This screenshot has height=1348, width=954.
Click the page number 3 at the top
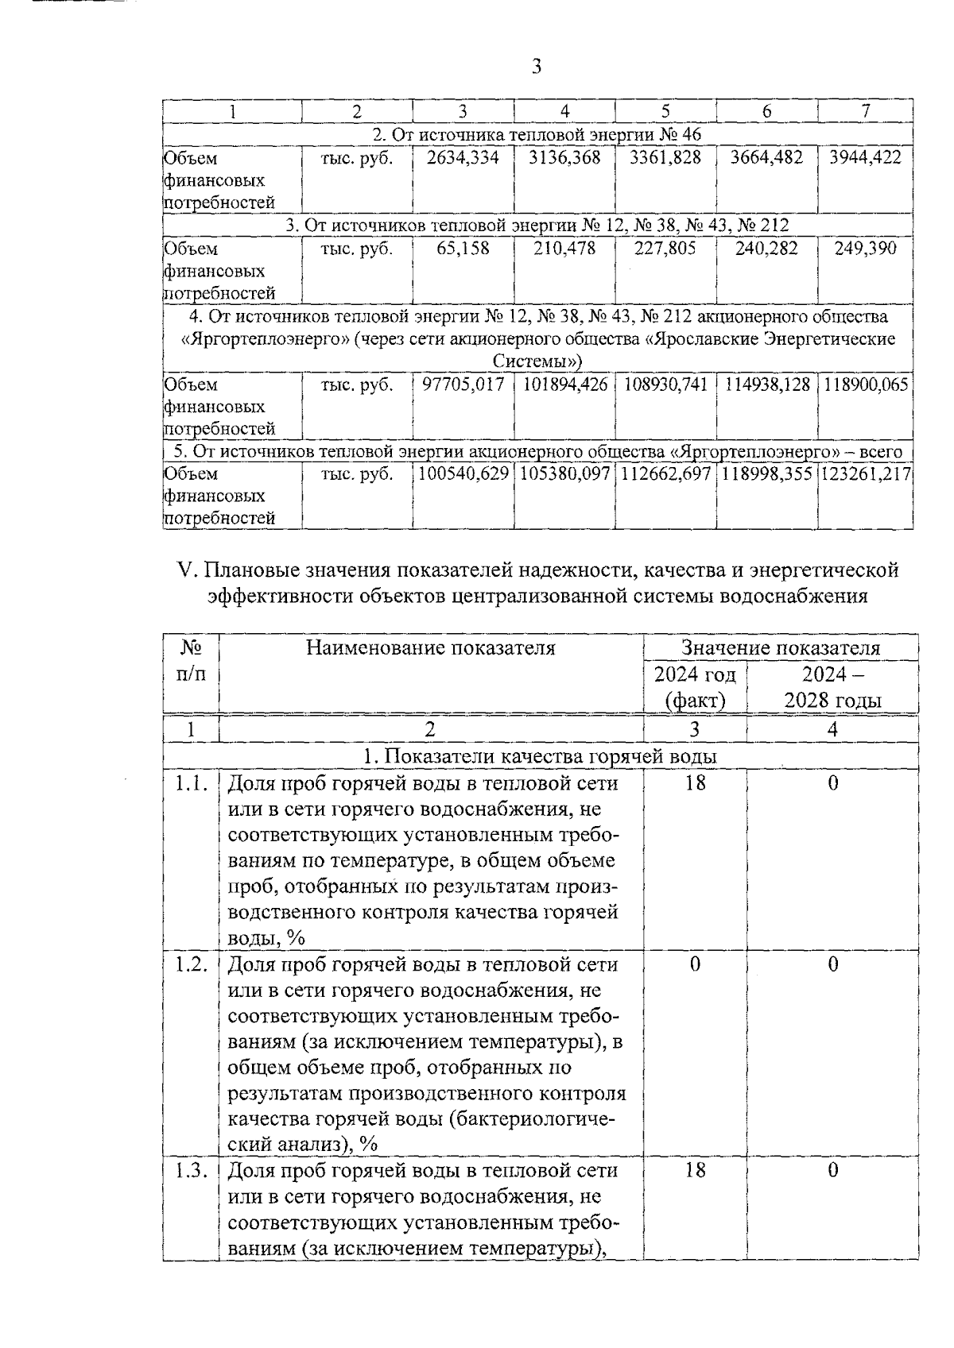[536, 67]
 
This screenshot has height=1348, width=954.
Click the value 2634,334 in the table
[463, 158]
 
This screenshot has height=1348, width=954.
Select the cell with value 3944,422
[865, 158]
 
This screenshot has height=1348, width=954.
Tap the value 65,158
[463, 249]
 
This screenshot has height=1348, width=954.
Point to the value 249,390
[865, 249]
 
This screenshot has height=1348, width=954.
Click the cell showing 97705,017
[463, 385]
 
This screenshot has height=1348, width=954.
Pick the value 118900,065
[865, 385]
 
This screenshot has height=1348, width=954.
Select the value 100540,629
[463, 474]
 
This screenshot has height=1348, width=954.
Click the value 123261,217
[865, 474]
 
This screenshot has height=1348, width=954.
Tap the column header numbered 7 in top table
[865, 111]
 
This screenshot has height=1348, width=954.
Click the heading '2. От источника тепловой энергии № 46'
[537, 134]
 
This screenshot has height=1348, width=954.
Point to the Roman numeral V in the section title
[186, 570]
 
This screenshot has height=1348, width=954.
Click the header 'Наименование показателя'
[431, 648]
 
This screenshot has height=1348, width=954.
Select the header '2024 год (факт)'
[695, 687]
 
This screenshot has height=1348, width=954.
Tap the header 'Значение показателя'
[780, 648]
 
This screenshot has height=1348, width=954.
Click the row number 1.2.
[191, 964]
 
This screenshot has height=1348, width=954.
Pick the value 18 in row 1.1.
[695, 783]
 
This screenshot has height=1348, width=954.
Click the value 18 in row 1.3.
[695, 1170]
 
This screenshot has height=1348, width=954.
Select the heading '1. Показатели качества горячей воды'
[540, 756]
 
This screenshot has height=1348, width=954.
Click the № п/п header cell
[190, 661]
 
